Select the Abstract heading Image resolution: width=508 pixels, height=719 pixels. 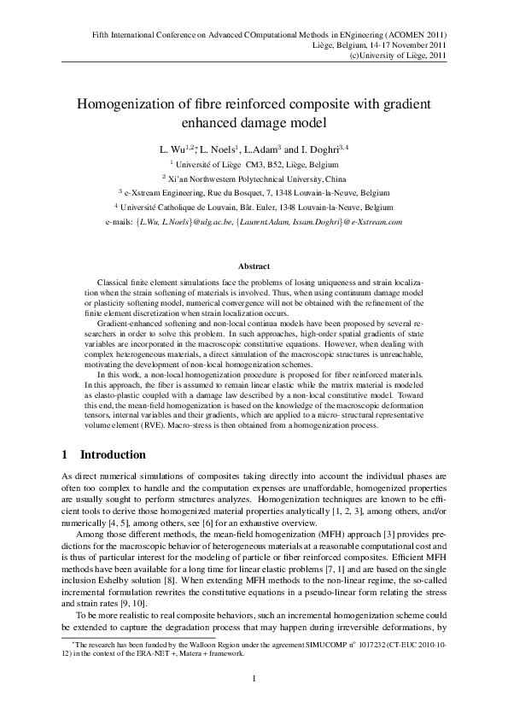click(x=254, y=266)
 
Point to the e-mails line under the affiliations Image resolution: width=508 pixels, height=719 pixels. click(x=254, y=222)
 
